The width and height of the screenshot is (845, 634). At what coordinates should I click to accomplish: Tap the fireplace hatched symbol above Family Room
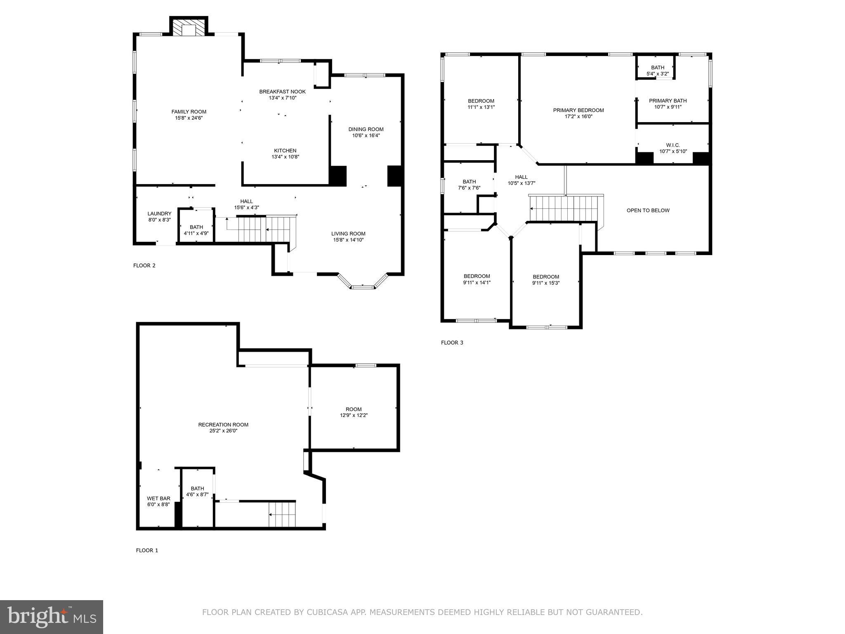pyautogui.click(x=189, y=28)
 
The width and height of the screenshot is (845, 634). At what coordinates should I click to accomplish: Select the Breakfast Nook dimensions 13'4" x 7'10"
pyautogui.click(x=282, y=98)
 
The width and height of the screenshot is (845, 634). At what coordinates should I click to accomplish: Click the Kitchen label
pyautogui.click(x=285, y=151)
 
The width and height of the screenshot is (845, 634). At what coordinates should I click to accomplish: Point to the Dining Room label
pyautogui.click(x=366, y=129)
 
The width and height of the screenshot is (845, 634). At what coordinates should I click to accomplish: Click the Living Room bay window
pyautogui.click(x=363, y=285)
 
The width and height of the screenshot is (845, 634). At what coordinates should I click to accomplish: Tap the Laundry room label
pyautogui.click(x=159, y=213)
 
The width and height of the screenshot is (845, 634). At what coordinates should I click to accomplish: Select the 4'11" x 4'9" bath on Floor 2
pyautogui.click(x=196, y=230)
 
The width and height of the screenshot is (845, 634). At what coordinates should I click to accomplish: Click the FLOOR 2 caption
pyautogui.click(x=144, y=265)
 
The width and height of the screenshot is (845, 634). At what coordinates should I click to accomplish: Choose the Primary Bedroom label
pyautogui.click(x=578, y=110)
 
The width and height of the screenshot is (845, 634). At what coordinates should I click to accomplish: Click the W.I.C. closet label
pyautogui.click(x=673, y=145)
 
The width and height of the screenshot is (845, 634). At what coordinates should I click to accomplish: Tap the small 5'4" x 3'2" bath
pyautogui.click(x=657, y=71)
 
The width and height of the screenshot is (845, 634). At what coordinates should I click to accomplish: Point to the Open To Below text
pyautogui.click(x=648, y=211)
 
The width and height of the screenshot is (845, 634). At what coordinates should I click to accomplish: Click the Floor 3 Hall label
pyautogui.click(x=521, y=177)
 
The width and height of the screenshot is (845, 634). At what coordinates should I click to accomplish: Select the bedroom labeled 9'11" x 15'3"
pyautogui.click(x=545, y=280)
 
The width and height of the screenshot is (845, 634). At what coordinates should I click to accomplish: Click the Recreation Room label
pyautogui.click(x=223, y=425)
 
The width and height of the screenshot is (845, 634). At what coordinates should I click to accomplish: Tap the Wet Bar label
pyautogui.click(x=158, y=499)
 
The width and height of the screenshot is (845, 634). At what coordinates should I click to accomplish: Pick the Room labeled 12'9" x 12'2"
pyautogui.click(x=354, y=412)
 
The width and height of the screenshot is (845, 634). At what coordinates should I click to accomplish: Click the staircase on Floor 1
pyautogui.click(x=282, y=514)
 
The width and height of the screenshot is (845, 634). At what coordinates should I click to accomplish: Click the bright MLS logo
pyautogui.click(x=52, y=617)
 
